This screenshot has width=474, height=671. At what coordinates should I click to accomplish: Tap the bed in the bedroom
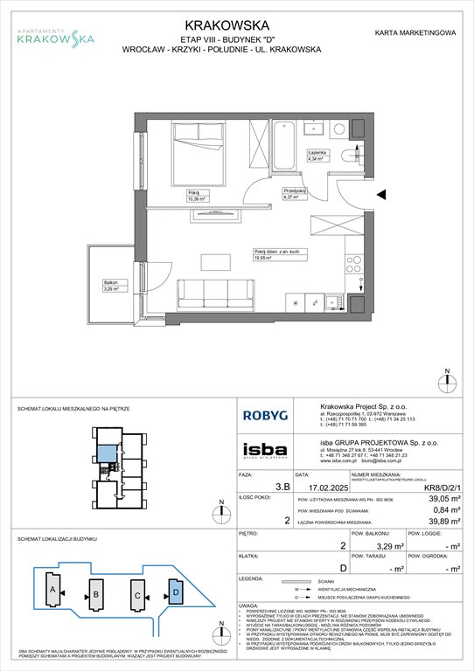click(187, 158)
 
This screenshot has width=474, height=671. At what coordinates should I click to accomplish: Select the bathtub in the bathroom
click(286, 148)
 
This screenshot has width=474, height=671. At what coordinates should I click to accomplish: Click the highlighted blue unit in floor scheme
click(106, 452)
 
